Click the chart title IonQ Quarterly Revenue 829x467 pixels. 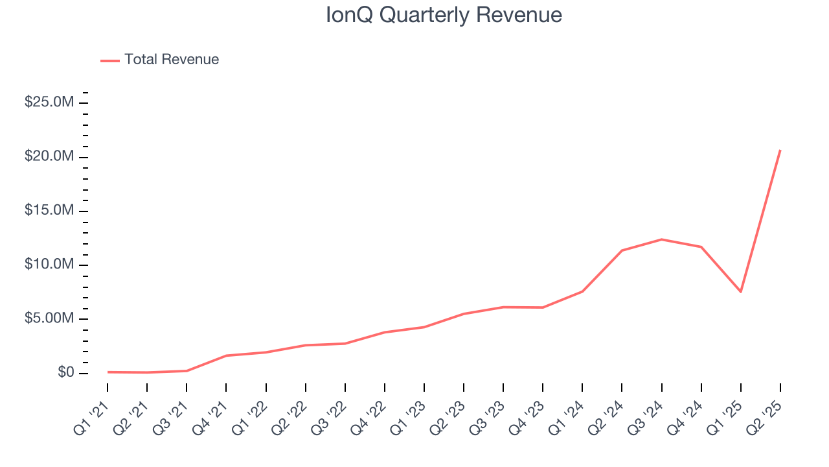click(x=444, y=15)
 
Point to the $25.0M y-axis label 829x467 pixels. click(x=49, y=102)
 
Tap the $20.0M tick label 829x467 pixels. click(x=49, y=156)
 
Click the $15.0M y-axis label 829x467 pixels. click(x=49, y=211)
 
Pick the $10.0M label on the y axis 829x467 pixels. click(x=49, y=265)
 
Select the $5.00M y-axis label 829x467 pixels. click(x=49, y=318)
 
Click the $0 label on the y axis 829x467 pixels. click(x=65, y=372)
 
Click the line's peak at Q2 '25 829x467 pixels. click(x=780, y=150)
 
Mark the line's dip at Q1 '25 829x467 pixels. click(x=741, y=292)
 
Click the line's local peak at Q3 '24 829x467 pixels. click(x=661, y=239)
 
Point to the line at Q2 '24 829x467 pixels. click(x=622, y=250)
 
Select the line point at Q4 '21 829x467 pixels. click(x=226, y=355)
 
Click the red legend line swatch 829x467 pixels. click(x=110, y=60)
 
